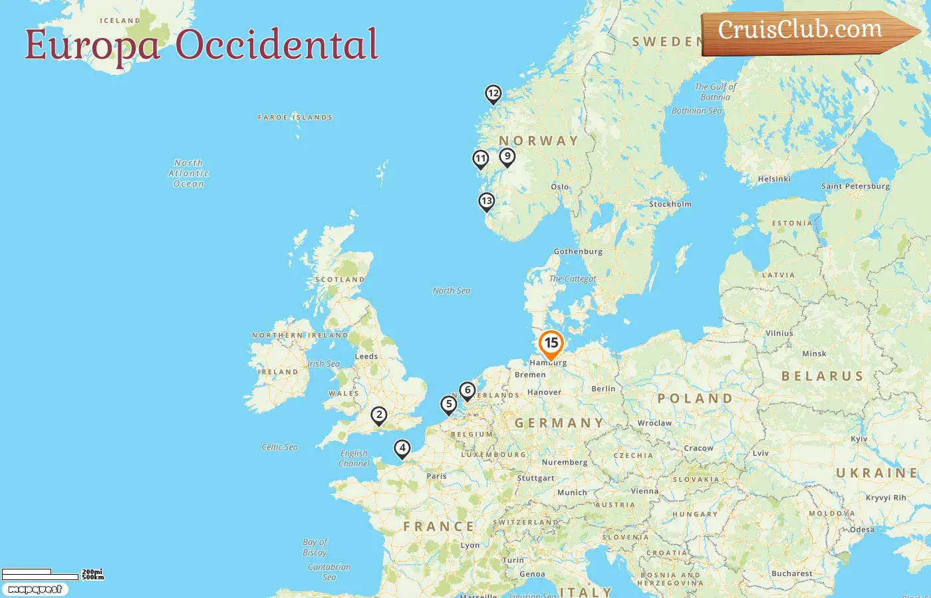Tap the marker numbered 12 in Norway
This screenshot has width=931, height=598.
tap(493, 94)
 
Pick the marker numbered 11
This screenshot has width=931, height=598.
tap(480, 159)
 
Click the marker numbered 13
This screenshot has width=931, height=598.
tap(487, 201)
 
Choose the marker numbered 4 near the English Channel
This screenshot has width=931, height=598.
tap(402, 448)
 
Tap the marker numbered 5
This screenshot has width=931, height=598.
tap(449, 404)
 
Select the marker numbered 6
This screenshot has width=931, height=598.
tap(467, 391)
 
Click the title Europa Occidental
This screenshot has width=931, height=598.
tap(201, 45)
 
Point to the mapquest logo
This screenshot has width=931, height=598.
tap(35, 589)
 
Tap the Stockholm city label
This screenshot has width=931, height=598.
tap(670, 205)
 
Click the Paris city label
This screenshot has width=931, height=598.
tap(436, 476)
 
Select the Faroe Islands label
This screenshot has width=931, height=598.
tap(295, 118)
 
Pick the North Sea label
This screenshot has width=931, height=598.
tap(451, 291)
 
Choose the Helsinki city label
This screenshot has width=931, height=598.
tap(774, 179)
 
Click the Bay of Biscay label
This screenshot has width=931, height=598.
tap(315, 548)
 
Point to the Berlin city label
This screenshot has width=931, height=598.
tap(603, 389)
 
